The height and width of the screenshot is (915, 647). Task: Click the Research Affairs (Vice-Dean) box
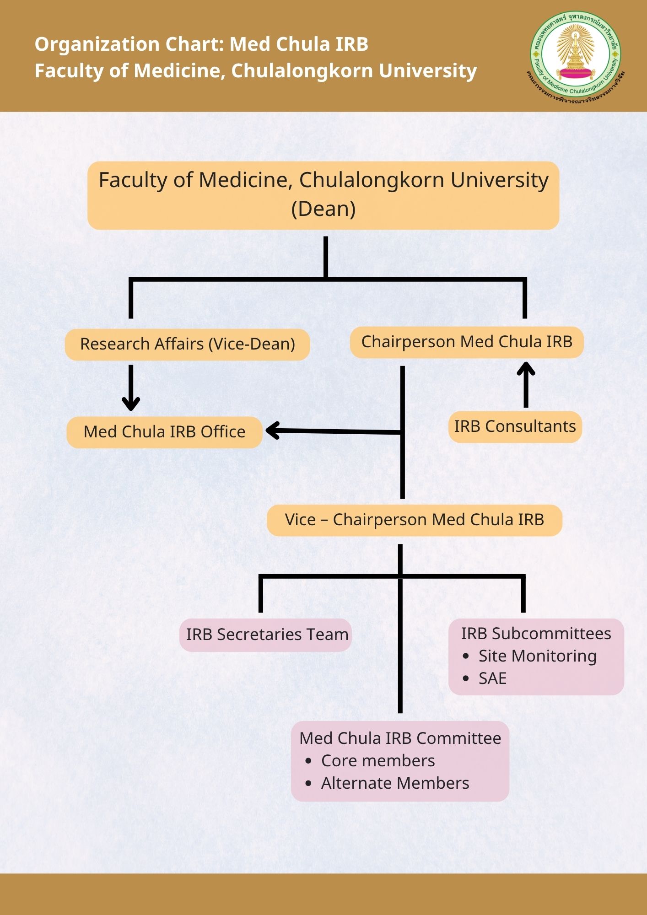187,344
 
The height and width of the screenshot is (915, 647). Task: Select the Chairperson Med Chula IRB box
467,342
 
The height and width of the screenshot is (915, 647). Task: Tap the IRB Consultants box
515,426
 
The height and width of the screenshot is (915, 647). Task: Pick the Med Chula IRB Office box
164,432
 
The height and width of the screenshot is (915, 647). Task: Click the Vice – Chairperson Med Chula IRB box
414,520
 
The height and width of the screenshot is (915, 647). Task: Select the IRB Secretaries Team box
266,635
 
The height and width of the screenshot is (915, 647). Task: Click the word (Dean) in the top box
323,209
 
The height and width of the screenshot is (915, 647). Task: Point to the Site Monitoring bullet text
537,656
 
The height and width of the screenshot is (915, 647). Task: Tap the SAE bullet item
492,678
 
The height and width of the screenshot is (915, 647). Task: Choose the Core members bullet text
377,761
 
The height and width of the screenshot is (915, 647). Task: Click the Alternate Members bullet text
395,783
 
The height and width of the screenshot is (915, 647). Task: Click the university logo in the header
576,55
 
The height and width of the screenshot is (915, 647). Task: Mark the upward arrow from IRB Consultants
526,384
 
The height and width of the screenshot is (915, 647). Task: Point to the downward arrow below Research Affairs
131,389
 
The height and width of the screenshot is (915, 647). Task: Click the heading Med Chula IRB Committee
400,738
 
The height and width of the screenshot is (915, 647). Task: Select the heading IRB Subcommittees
536,634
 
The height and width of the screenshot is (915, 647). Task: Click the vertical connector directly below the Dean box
326,256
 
